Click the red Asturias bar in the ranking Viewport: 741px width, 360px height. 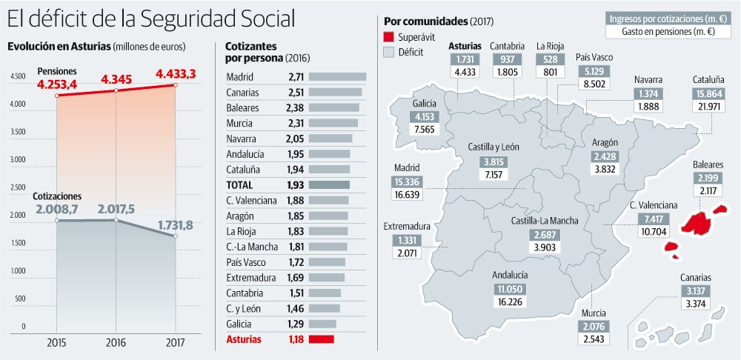(x=321, y=339)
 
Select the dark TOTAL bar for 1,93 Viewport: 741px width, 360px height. (x=328, y=185)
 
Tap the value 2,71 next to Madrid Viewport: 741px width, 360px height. (x=294, y=76)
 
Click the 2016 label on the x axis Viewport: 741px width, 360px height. (x=116, y=343)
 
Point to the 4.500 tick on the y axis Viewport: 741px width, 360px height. (x=18, y=76)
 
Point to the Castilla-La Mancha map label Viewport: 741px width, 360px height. (x=545, y=221)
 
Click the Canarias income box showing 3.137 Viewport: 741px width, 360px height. (x=697, y=290)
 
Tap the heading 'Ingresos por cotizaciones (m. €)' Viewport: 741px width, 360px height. (x=668, y=19)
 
